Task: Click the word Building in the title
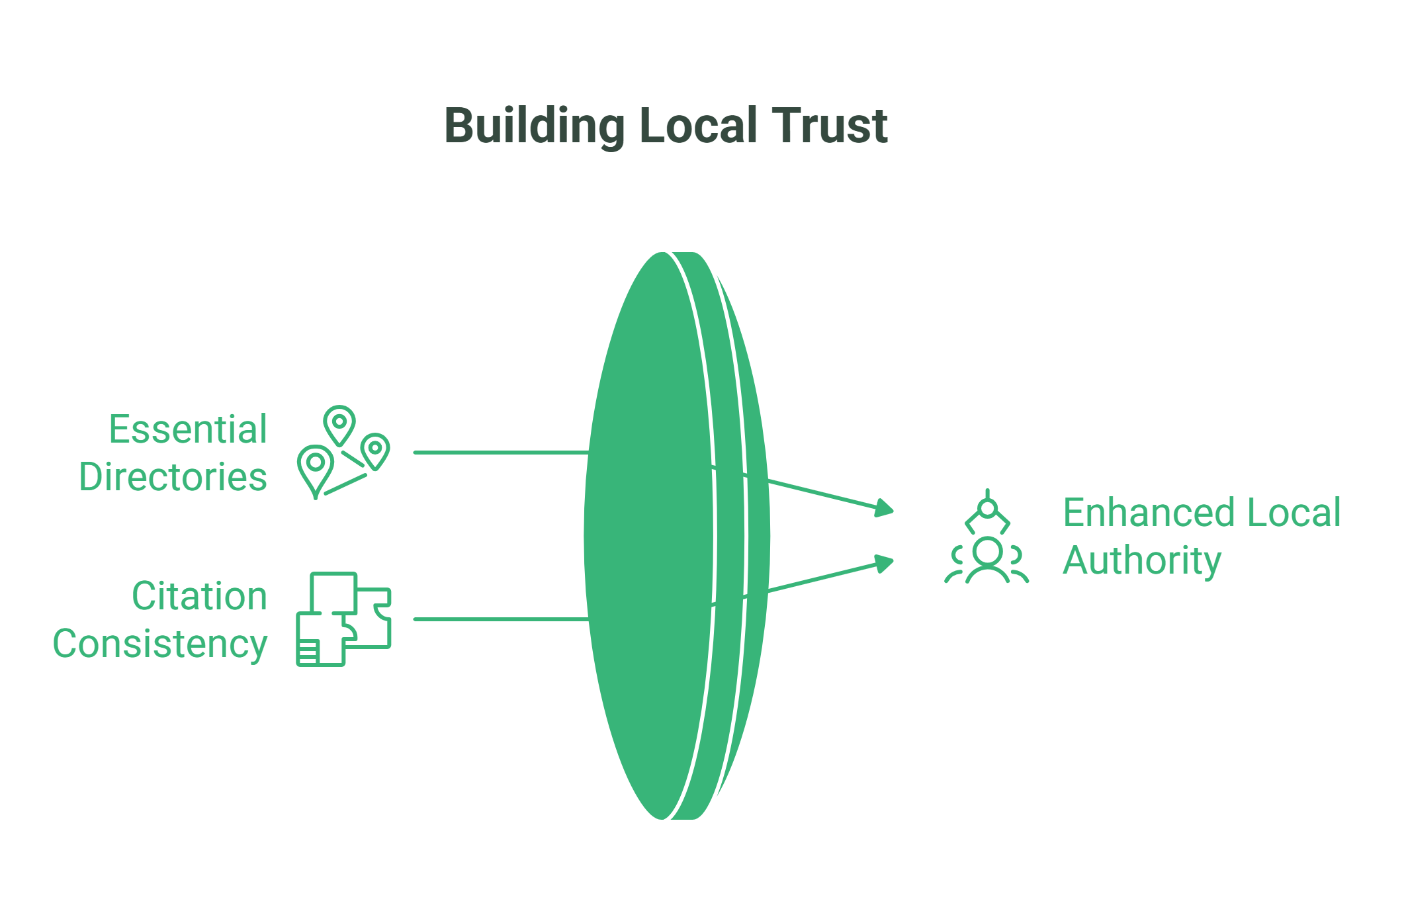tap(533, 126)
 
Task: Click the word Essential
tap(188, 430)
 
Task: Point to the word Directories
tap(173, 478)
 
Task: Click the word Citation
tap(199, 597)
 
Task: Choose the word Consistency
tap(160, 644)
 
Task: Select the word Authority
tap(1141, 561)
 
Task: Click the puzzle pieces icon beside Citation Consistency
tap(343, 619)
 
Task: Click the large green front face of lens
tap(648, 536)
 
